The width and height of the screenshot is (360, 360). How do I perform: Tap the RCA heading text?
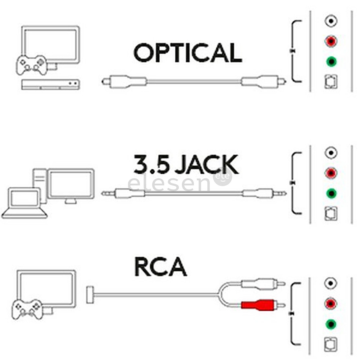[x=160, y=267]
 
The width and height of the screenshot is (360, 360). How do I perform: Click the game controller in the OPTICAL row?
[x=32, y=65]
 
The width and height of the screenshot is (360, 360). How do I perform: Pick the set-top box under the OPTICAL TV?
[x=50, y=84]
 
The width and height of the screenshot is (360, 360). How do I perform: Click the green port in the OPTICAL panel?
[x=331, y=62]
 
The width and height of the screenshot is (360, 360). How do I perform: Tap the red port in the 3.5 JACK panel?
[x=331, y=173]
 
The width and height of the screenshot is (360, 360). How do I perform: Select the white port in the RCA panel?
[x=331, y=284]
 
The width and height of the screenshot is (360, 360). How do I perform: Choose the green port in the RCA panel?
[x=331, y=324]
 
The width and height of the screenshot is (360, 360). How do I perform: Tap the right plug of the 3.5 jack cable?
[x=263, y=193]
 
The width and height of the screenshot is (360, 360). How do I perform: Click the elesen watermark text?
[x=170, y=184]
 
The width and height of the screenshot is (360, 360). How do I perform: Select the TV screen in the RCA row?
[x=46, y=289]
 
